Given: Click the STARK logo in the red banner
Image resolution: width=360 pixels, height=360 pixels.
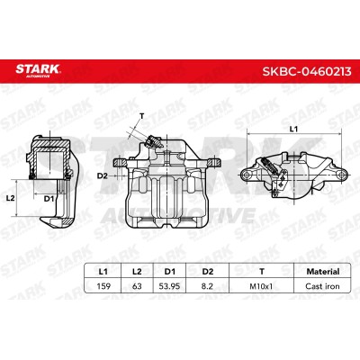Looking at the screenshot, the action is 38,70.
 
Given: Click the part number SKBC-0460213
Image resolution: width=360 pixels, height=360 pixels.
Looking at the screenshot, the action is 307,71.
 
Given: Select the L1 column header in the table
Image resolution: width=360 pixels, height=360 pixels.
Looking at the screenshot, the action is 103,272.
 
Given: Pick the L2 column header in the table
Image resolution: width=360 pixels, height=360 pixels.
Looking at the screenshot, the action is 137,272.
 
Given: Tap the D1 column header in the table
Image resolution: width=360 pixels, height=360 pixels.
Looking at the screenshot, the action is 170,272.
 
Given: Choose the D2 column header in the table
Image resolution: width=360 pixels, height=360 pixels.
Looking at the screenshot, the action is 207,272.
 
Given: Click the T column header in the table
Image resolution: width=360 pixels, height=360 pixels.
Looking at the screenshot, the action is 262,272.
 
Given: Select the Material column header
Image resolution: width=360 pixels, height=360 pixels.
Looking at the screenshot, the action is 323,272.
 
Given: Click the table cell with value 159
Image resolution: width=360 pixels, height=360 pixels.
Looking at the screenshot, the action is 103,286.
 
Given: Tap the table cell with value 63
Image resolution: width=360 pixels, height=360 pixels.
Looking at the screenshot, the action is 137,286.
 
